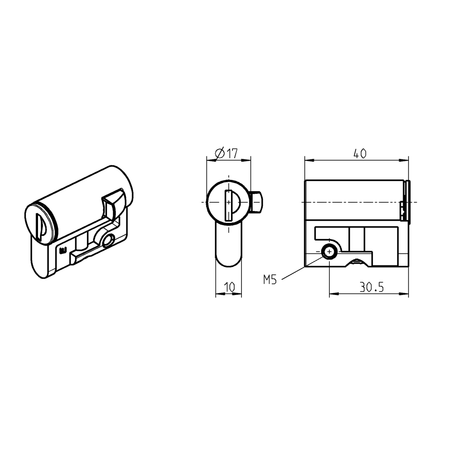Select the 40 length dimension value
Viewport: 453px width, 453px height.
point(359,154)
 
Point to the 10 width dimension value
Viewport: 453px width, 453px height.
point(229,287)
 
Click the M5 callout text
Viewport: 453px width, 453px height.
point(270,280)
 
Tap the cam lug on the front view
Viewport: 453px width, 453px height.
point(256,202)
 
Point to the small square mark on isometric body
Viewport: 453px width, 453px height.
point(63,249)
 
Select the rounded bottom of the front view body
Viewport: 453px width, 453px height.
point(228,260)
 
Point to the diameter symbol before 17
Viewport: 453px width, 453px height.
point(219,154)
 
